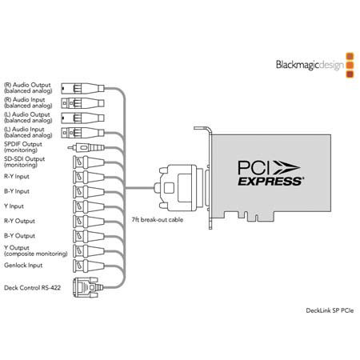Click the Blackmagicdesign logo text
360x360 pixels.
point(310,65)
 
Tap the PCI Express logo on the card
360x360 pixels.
point(270,173)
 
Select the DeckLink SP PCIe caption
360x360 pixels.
point(330,310)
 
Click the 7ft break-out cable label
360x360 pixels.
point(158,220)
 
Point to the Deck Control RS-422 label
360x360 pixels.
point(32,288)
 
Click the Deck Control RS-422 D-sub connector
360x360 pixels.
point(87,287)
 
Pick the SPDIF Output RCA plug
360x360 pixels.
point(86,147)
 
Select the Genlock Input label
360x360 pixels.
point(23,266)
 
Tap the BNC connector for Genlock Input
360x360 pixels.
point(89,266)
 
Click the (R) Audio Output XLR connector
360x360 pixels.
point(82,88)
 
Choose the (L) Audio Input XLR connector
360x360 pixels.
point(82,133)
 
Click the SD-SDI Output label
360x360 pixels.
point(24,162)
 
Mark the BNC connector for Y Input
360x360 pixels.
point(89,206)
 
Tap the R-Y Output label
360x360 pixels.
point(19,221)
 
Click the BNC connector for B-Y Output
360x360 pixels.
point(89,236)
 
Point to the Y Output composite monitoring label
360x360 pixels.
point(36,250)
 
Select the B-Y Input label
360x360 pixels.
point(17,191)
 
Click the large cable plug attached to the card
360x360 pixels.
point(178,188)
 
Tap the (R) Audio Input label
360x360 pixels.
point(28,102)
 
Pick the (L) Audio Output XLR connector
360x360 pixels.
point(82,118)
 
